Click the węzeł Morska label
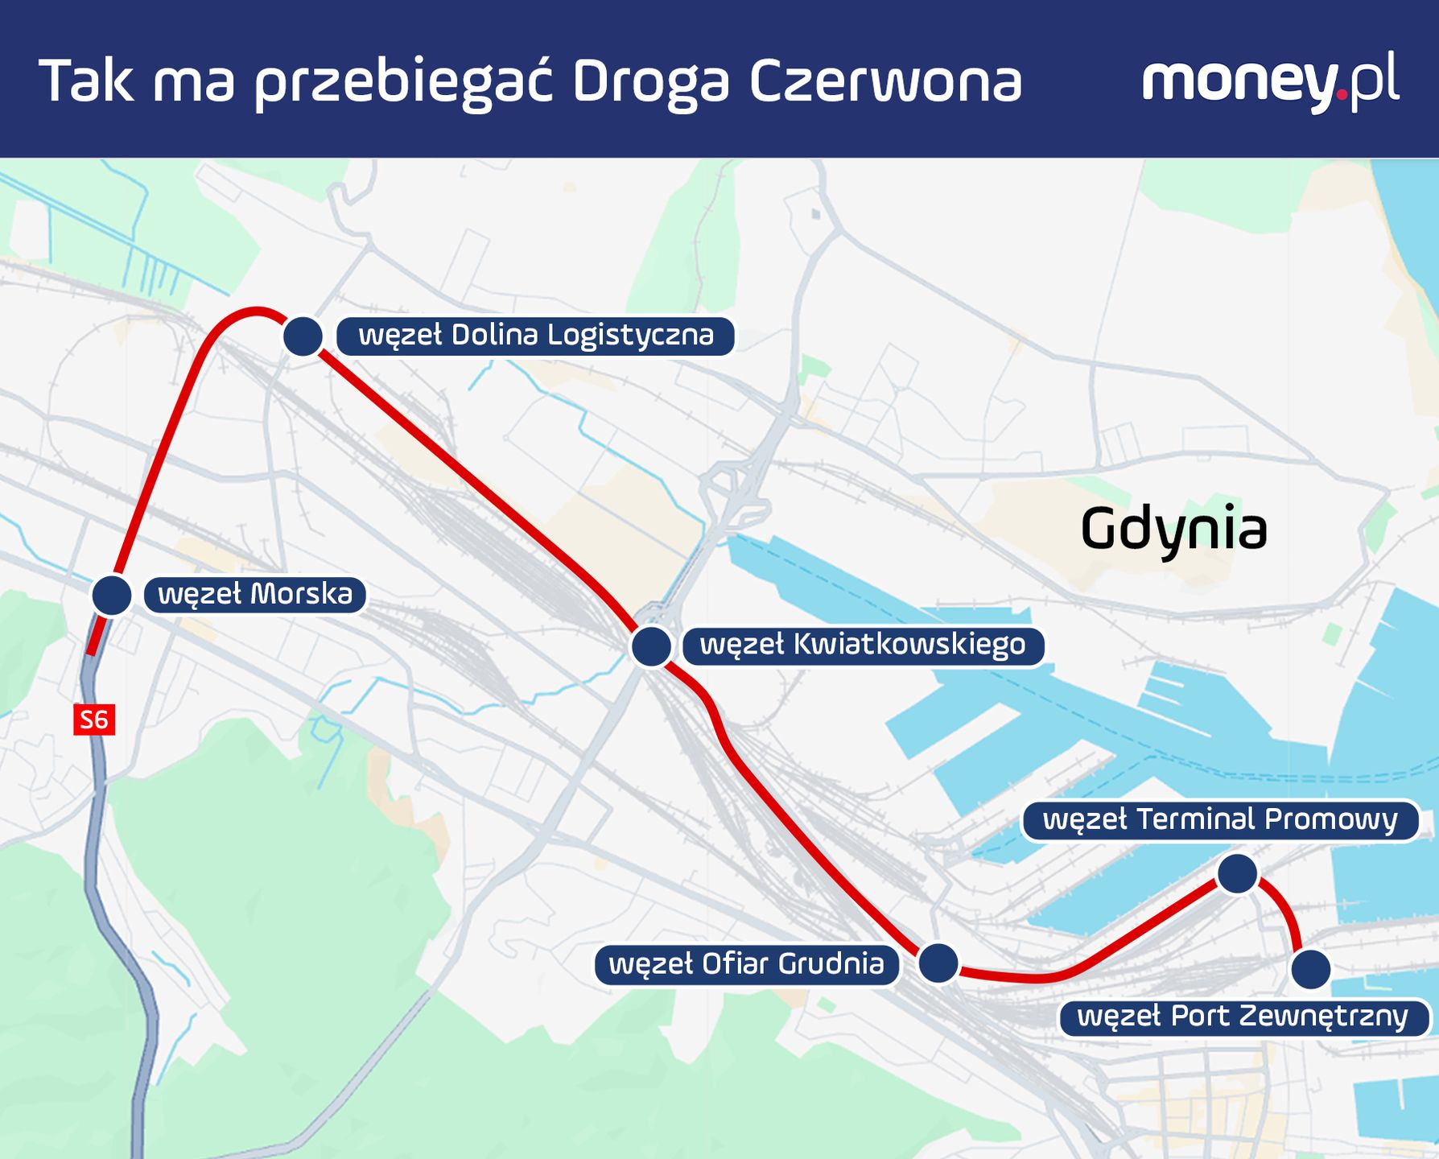coord(255,595)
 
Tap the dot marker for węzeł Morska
coord(112,596)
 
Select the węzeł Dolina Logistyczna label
coord(535,336)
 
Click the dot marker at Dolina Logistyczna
coord(303,336)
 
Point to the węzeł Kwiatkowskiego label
coord(863,645)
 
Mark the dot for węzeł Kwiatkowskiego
coord(651,645)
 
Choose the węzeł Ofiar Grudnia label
coord(746,964)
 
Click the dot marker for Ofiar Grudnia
coord(938,963)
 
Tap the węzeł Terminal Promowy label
coord(1220,820)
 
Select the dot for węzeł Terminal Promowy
coord(1237,874)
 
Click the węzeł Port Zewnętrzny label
coord(1243,1017)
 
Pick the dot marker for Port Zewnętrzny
coord(1310,969)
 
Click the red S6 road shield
coord(94,720)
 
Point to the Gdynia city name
coord(1173,530)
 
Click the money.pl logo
coord(1270,80)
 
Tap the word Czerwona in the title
coord(885,82)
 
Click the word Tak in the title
coord(86,82)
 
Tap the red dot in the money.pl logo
coord(1341,95)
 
